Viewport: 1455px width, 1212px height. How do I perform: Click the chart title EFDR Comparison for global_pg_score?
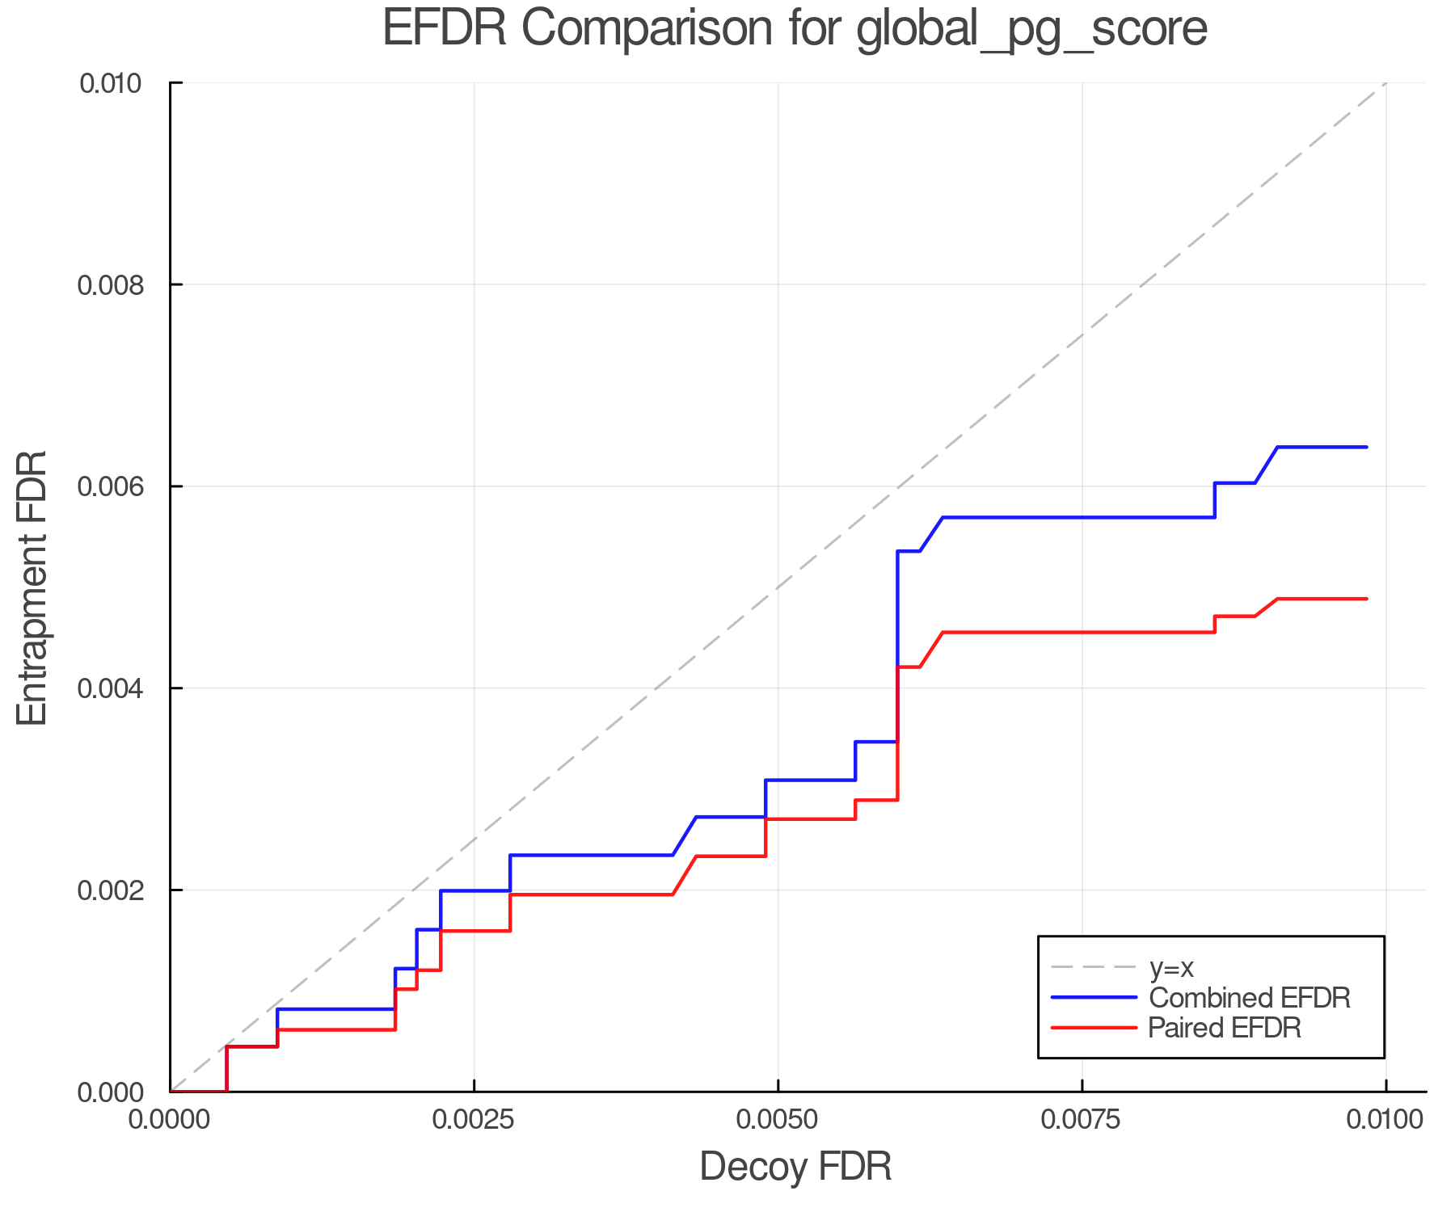pyautogui.click(x=795, y=29)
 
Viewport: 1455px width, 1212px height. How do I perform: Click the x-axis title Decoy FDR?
pyautogui.click(x=795, y=1167)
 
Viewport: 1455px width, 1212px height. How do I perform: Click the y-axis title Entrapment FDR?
pyautogui.click(x=33, y=587)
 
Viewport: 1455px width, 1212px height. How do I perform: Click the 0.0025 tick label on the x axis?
pyautogui.click(x=474, y=1120)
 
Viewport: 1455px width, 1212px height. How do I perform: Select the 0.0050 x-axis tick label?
pyautogui.click(x=778, y=1120)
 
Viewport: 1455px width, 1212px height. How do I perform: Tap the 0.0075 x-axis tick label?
pyautogui.click(x=1082, y=1120)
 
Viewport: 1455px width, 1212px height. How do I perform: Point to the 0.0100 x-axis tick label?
pyautogui.click(x=1385, y=1120)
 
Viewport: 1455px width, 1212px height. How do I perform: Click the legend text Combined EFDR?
pyautogui.click(x=1250, y=998)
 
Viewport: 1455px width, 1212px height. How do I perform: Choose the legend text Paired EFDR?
pyautogui.click(x=1225, y=1028)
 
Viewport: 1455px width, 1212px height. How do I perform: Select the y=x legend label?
pyautogui.click(x=1171, y=968)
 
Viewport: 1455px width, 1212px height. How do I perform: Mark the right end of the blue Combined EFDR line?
pyautogui.click(x=1367, y=447)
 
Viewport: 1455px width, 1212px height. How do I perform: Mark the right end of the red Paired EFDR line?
pyautogui.click(x=1367, y=599)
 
